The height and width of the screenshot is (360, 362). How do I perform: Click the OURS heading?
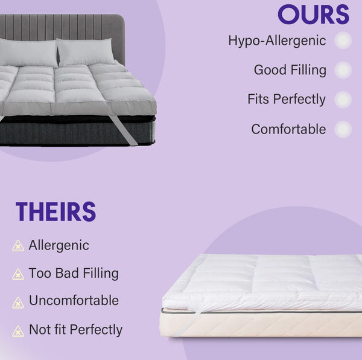coord(313,14)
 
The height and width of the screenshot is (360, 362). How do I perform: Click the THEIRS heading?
coord(56,212)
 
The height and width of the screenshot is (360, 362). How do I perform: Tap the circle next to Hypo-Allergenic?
coord(343,40)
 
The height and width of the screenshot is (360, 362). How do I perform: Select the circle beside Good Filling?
coord(343,70)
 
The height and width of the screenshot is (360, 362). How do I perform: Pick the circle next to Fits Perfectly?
coord(343,99)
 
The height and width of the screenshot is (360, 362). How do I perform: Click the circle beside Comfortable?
coord(343,129)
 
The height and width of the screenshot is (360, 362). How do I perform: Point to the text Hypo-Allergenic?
coord(277,41)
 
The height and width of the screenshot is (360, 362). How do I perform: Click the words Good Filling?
coord(290,70)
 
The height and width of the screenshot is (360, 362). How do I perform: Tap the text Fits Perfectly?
coord(286,99)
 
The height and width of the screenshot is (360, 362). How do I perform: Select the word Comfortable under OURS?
coord(288,129)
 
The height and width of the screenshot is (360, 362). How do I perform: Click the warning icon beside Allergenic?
coord(18,246)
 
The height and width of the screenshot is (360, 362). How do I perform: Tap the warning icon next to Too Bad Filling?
coord(18,274)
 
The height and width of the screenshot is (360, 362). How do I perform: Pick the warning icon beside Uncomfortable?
coord(18,301)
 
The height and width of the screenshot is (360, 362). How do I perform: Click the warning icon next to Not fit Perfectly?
coord(18,330)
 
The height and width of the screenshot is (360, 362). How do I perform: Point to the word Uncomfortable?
coord(74,301)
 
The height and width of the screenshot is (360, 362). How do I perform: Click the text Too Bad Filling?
coord(74,273)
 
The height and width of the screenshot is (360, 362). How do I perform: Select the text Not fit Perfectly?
coord(75,330)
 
